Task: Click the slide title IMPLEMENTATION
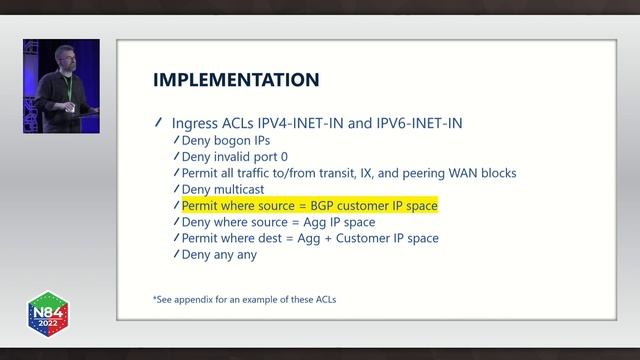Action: pyautogui.click(x=236, y=79)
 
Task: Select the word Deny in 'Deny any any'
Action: pyautogui.click(x=196, y=254)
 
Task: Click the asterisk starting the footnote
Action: pyautogui.click(x=154, y=298)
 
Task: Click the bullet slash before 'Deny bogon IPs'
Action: pyautogui.click(x=176, y=141)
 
